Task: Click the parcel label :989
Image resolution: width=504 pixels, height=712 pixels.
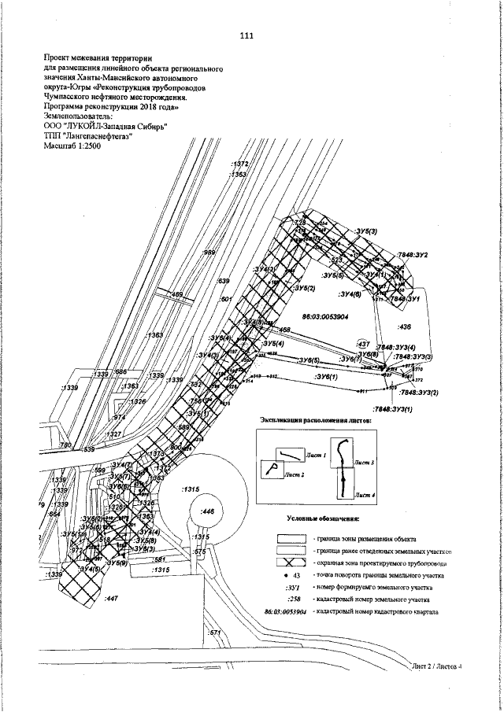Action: (x=210, y=253)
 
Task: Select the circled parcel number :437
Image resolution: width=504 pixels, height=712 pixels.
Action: (x=364, y=344)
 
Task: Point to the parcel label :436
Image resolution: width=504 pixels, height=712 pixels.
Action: (x=406, y=325)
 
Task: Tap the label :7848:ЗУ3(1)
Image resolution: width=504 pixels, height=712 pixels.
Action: (x=394, y=410)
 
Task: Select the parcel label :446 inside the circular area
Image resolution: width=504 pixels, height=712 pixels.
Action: (x=208, y=511)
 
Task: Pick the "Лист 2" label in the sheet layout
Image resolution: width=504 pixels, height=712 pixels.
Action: (x=294, y=475)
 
